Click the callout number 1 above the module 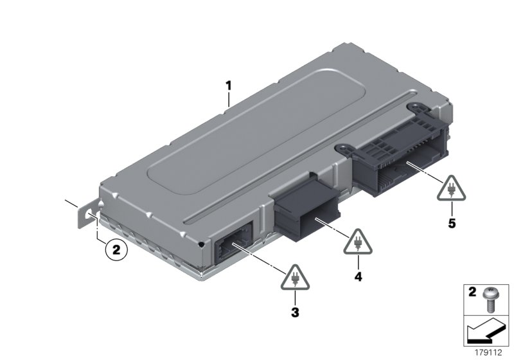227,84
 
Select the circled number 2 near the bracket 116,249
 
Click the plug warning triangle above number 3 295,276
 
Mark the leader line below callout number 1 228,98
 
